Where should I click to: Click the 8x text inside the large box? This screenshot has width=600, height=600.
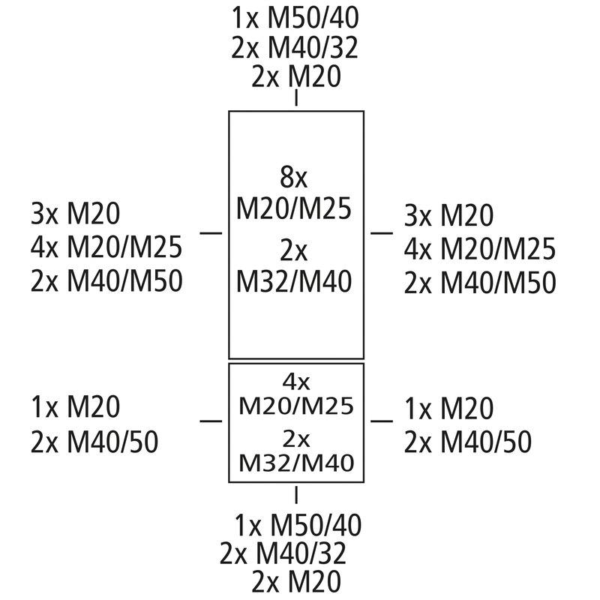coord(294,177)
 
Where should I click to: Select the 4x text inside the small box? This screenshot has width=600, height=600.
coord(296,382)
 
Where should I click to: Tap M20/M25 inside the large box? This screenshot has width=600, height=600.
coord(294,208)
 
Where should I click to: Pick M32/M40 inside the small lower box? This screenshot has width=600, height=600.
coord(296,463)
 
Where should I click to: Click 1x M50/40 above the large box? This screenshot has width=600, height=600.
coord(295,18)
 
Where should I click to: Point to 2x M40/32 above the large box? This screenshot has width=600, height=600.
coord(295,47)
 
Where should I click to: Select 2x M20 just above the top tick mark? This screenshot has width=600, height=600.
coord(295,76)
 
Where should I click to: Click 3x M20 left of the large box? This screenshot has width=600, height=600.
coord(76,214)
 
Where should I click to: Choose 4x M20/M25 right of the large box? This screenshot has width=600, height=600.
coord(480,249)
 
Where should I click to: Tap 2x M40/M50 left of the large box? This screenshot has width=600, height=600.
coord(106,281)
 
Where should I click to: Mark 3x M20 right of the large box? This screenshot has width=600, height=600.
coord(448,215)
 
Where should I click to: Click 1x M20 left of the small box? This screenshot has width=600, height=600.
coord(76,406)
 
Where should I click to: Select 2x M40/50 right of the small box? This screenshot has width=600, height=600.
coord(467,442)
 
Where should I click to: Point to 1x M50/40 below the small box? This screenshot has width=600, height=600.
coord(298,525)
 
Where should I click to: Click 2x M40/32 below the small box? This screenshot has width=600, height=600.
coord(283,553)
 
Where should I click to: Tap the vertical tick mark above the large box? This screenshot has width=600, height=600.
coord(296,97)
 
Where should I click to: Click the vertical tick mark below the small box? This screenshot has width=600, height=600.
coord(296,494)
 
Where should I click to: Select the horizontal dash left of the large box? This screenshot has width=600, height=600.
coord(211,232)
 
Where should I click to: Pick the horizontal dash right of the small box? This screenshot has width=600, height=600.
coord(382,421)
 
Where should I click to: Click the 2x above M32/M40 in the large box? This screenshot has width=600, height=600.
coord(294,251)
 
